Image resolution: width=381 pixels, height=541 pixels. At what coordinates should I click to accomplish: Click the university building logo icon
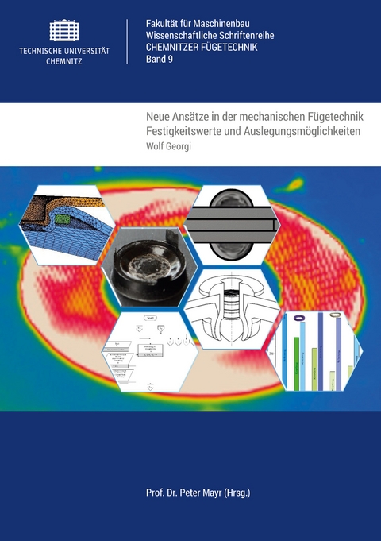click(x=64, y=30)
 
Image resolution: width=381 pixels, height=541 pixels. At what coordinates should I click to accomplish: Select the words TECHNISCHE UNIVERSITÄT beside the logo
click(x=64, y=50)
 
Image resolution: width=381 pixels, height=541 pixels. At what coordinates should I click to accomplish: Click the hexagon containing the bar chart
click(x=314, y=350)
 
